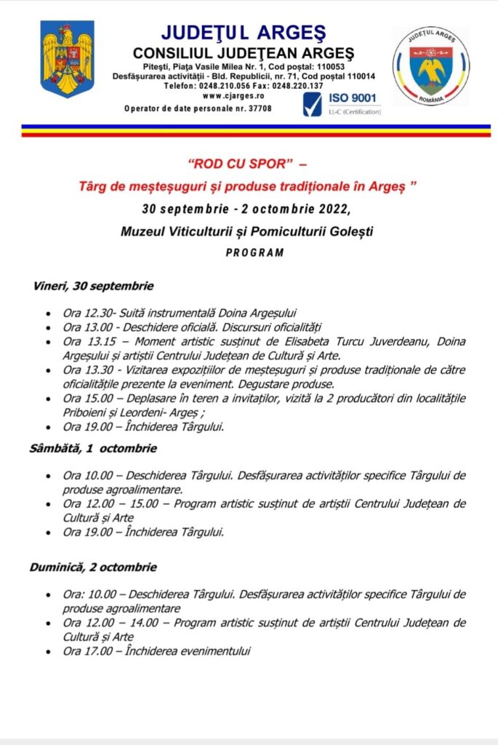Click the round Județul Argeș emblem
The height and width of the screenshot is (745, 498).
coord(431,66)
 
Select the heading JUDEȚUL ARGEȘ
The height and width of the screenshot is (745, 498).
coord(244,33)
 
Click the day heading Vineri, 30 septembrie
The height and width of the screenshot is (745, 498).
coord(92,286)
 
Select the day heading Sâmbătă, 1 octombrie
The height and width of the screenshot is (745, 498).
coord(93,448)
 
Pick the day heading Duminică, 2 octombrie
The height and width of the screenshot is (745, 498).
coord(92,567)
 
